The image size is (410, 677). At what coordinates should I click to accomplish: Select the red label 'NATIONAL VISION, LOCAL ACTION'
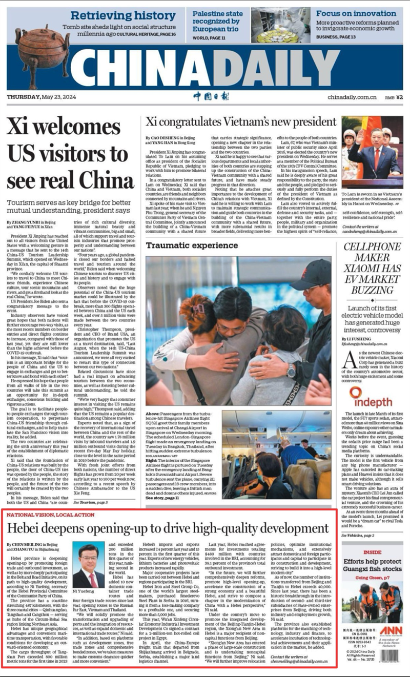[51, 514]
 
